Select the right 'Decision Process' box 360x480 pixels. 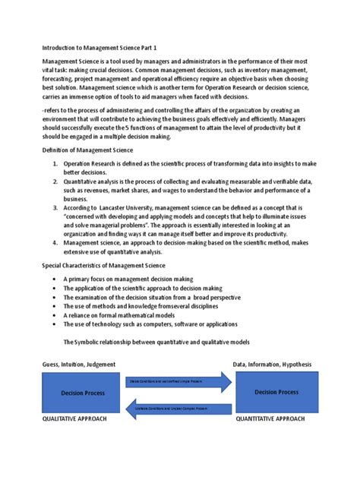tap(276, 392)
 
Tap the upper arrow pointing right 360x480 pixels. tap(178, 382)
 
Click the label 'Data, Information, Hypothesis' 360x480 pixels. tap(272, 365)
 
